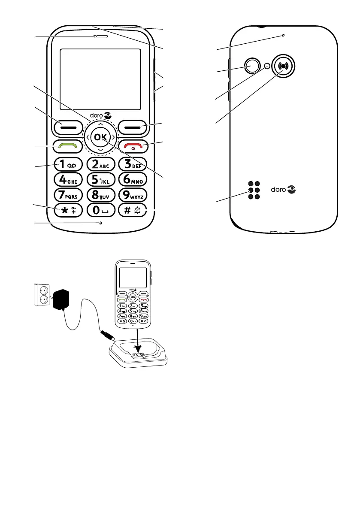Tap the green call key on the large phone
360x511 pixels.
[x=68, y=147]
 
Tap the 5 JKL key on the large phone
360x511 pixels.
[x=100, y=179]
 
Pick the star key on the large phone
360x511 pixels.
[x=68, y=210]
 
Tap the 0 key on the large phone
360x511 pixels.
[x=100, y=210]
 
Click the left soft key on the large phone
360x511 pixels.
[x=68, y=127]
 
